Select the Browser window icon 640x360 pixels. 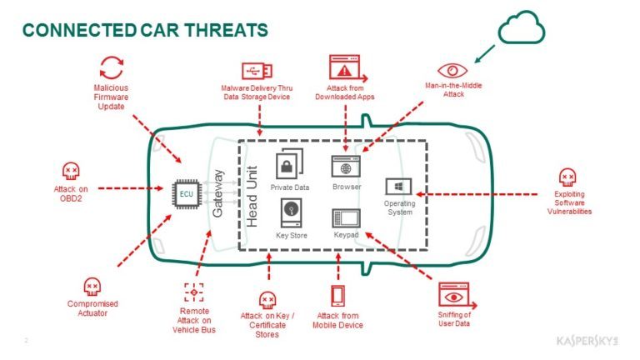coord(345,164)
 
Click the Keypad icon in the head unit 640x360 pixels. coord(345,219)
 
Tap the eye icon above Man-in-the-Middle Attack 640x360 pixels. coord(452,71)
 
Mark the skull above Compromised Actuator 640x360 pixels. coord(92,286)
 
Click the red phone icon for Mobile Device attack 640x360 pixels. coord(338,296)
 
